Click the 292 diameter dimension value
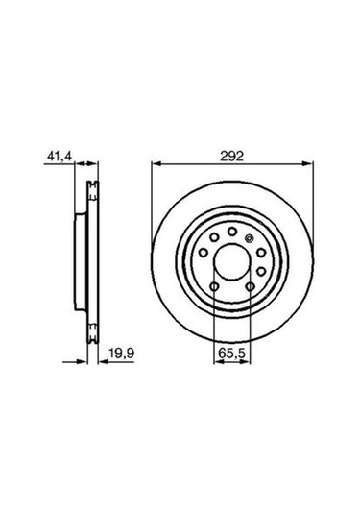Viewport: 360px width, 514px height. [230, 154]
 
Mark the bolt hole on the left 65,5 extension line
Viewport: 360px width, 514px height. [213, 285]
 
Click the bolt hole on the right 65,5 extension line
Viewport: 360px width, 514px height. [250, 285]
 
